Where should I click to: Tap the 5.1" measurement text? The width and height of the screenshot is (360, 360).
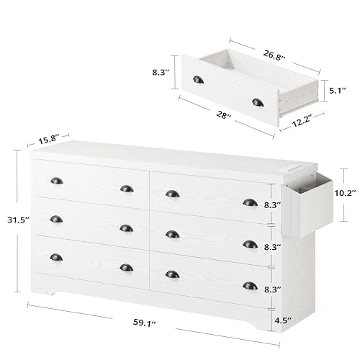(x=336, y=91)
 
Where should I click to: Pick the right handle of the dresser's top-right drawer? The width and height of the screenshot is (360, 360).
(x=250, y=202)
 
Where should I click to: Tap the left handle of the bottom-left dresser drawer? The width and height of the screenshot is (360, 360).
(x=57, y=257)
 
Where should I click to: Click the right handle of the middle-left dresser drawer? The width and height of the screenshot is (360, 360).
(x=127, y=228)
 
